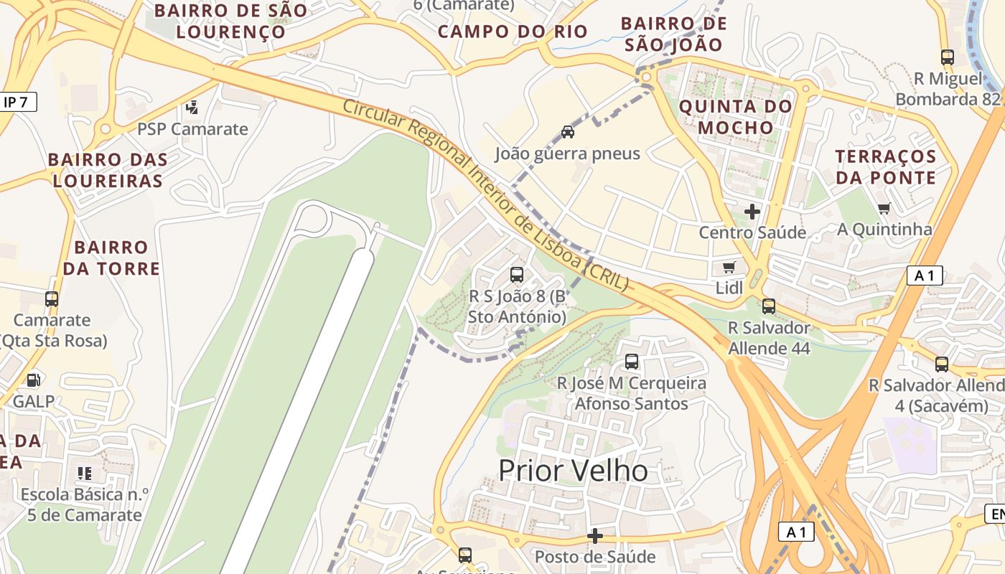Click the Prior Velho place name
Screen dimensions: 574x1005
point(573,471)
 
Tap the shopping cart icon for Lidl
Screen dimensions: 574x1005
point(729,268)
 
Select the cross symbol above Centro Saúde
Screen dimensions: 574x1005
point(752,212)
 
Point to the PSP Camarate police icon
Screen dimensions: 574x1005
point(192,108)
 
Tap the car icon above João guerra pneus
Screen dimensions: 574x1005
point(567,132)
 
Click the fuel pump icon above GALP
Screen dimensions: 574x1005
point(33,380)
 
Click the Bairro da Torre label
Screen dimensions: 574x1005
point(111,258)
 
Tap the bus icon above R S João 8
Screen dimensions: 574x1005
point(516,274)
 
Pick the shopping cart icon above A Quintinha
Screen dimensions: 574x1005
point(884,209)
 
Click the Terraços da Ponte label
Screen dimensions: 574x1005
point(886,167)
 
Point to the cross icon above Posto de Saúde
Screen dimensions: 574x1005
point(594,536)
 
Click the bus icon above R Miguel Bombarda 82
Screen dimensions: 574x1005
point(947,57)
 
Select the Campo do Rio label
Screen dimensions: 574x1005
point(513,32)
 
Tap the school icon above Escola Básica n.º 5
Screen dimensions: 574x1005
point(85,474)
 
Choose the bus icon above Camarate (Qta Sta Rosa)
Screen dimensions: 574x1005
point(52,299)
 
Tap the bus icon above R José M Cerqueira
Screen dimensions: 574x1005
point(632,362)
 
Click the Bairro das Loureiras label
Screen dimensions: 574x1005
point(108,170)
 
